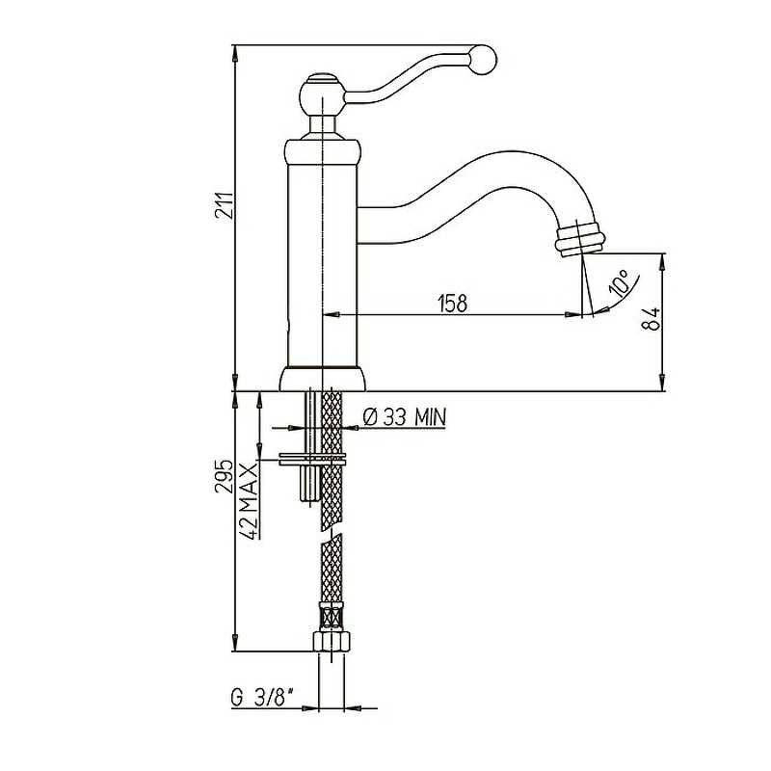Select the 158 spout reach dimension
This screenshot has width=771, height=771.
(x=452, y=303)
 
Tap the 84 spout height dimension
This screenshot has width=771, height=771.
(x=651, y=319)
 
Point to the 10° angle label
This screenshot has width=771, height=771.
(x=619, y=281)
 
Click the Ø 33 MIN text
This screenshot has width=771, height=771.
(x=404, y=417)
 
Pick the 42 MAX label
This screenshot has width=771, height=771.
(x=250, y=500)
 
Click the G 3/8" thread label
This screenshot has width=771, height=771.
(x=262, y=698)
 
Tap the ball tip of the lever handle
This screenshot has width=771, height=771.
(x=483, y=60)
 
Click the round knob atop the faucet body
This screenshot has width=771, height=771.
(x=322, y=95)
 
